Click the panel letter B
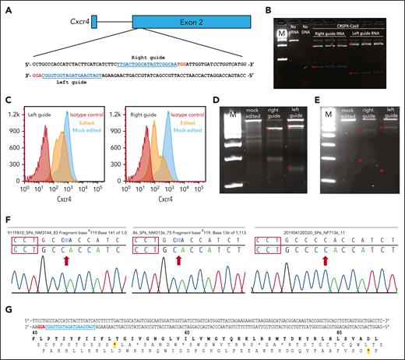(x=248, y=10)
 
